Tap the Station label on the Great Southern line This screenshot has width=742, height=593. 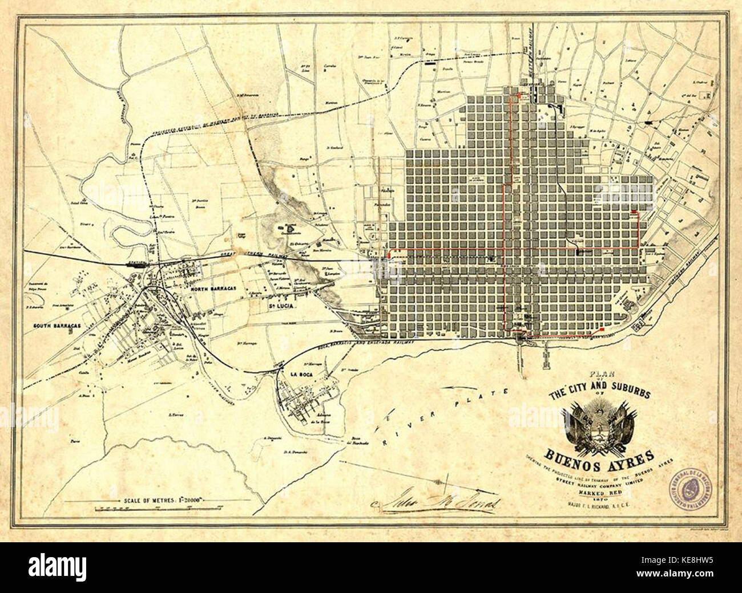click(137, 263)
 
